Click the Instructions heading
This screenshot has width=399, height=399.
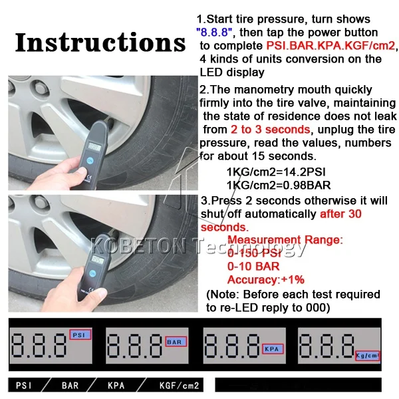pyautogui.click(x=100, y=43)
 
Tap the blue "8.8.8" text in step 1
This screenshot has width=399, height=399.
pyautogui.click(x=214, y=33)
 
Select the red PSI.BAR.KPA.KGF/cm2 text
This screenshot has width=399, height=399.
pyautogui.click(x=331, y=46)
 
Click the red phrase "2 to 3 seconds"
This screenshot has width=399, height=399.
pyautogui.click(x=271, y=129)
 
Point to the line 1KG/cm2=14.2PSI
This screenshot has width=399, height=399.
pyautogui.click(x=276, y=172)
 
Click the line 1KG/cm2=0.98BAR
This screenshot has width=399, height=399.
pyautogui.click(x=279, y=186)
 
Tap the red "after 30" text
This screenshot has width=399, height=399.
pyautogui.click(x=340, y=213)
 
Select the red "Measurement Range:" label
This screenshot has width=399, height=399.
pyautogui.click(x=285, y=240)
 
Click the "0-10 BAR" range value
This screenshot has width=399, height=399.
pyautogui.click(x=253, y=267)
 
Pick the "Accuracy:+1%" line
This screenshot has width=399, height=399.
pyautogui.click(x=266, y=280)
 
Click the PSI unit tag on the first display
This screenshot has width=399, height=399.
pyautogui.click(x=80, y=334)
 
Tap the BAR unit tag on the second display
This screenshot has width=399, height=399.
pyautogui.click(x=176, y=342)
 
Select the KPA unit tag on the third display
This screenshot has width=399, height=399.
pyautogui.click(x=273, y=349)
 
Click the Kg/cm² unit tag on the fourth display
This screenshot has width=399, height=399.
pyautogui.click(x=367, y=356)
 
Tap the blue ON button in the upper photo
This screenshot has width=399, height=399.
pyautogui.click(x=90, y=160)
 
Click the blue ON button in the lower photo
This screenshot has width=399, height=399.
pyautogui.click(x=92, y=273)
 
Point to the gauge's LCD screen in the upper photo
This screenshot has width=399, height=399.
pyautogui.click(x=94, y=147)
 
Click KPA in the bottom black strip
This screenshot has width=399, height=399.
pyautogui.click(x=116, y=386)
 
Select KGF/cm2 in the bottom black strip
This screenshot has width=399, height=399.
pyautogui.click(x=179, y=386)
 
